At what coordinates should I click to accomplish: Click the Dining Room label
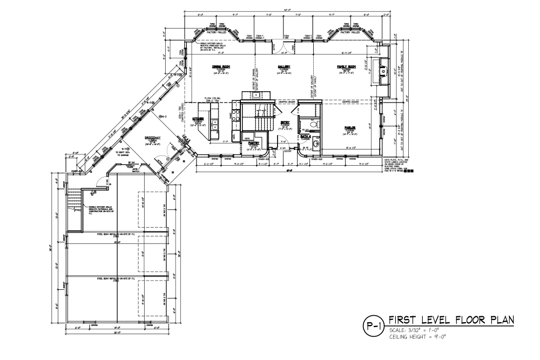pos(224,66)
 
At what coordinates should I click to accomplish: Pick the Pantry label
pos(254,142)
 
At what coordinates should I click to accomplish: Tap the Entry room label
pos(285,123)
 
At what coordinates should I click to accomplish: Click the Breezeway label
pos(152,138)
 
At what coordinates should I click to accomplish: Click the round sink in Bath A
pos(316,144)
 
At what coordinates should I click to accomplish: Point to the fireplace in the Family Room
pos(383,70)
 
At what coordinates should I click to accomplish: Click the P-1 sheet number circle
pos(373,325)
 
